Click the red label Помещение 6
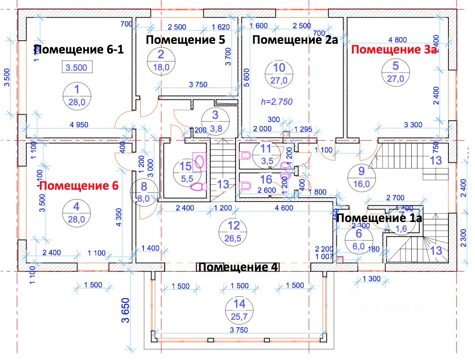point(79,186)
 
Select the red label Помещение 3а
point(394,50)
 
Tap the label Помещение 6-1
point(79,49)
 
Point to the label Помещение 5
point(185,40)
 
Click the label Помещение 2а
point(295,40)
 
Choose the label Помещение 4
point(238,268)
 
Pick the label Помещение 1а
point(379,218)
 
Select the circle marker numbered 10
point(280,73)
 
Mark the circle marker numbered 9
point(361,176)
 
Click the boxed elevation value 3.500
point(77,68)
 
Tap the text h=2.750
point(276,101)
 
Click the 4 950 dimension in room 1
point(79,125)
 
